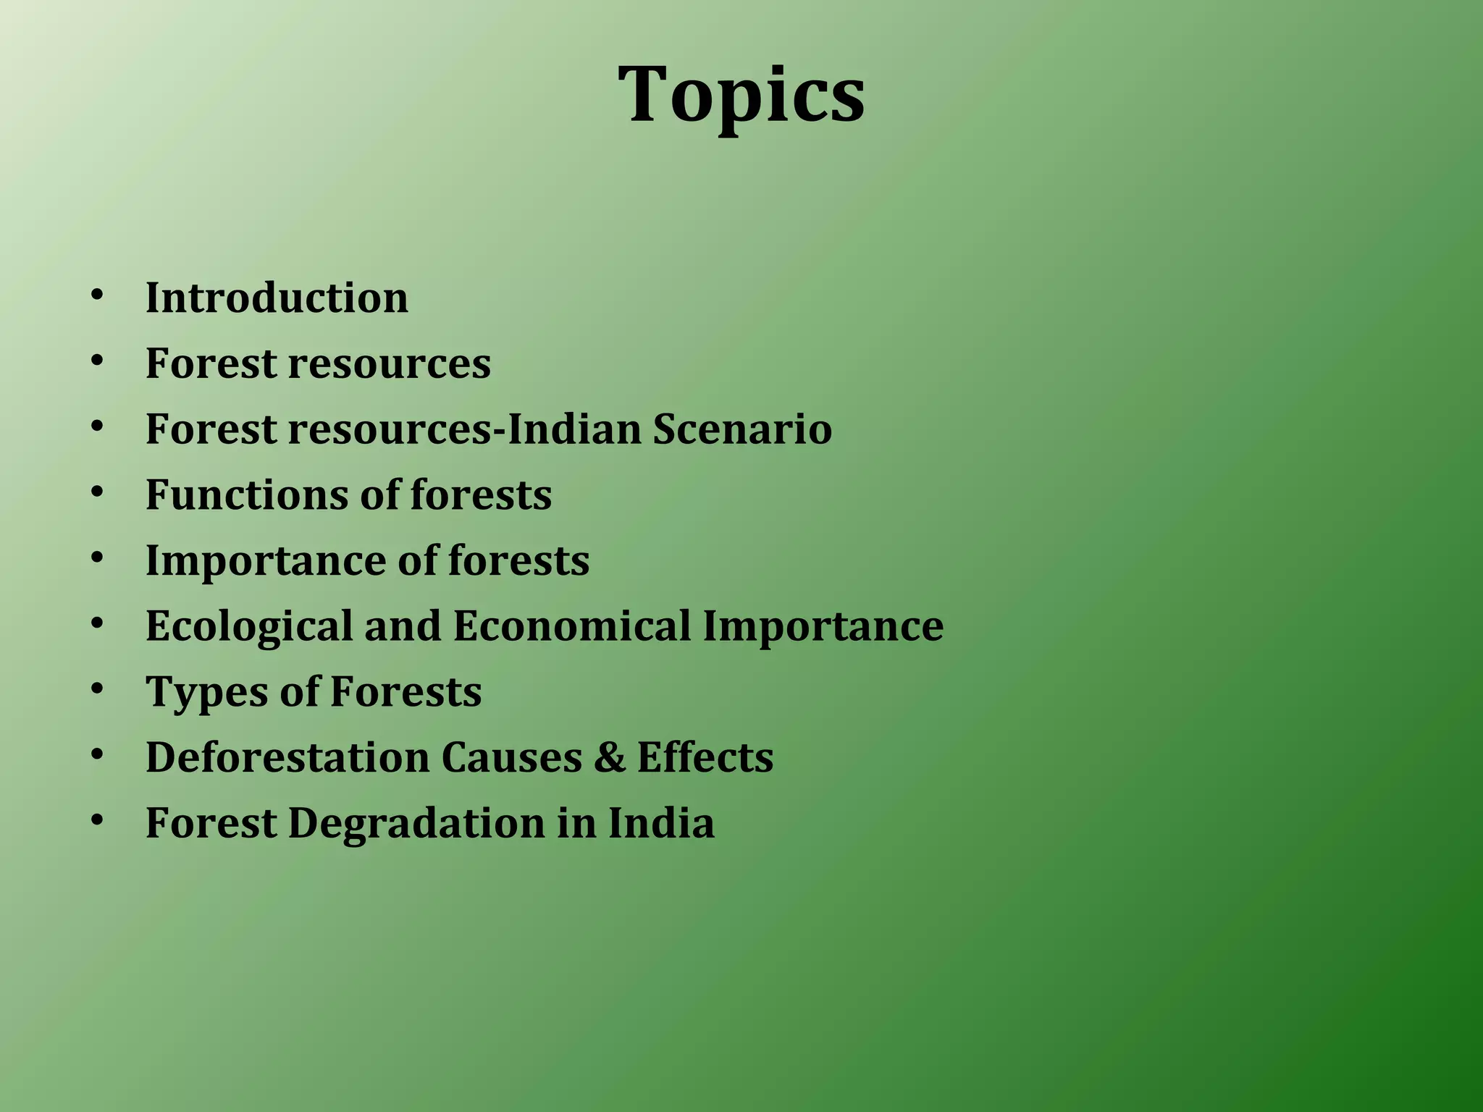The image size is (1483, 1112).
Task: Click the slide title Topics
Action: coord(741,95)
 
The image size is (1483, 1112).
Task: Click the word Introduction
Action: coord(277,298)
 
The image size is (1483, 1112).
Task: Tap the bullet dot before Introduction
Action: coord(97,295)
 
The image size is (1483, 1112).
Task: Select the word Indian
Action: coord(574,429)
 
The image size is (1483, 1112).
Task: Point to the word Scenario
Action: coord(742,429)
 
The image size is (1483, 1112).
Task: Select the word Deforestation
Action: coord(287,757)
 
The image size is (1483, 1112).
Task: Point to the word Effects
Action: coord(705,757)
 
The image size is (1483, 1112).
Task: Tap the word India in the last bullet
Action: coord(660,823)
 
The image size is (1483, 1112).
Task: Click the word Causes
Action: coord(511,757)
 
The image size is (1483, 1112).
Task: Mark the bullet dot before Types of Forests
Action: coord(97,689)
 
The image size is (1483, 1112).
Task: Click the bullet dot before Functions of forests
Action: coord(97,492)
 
